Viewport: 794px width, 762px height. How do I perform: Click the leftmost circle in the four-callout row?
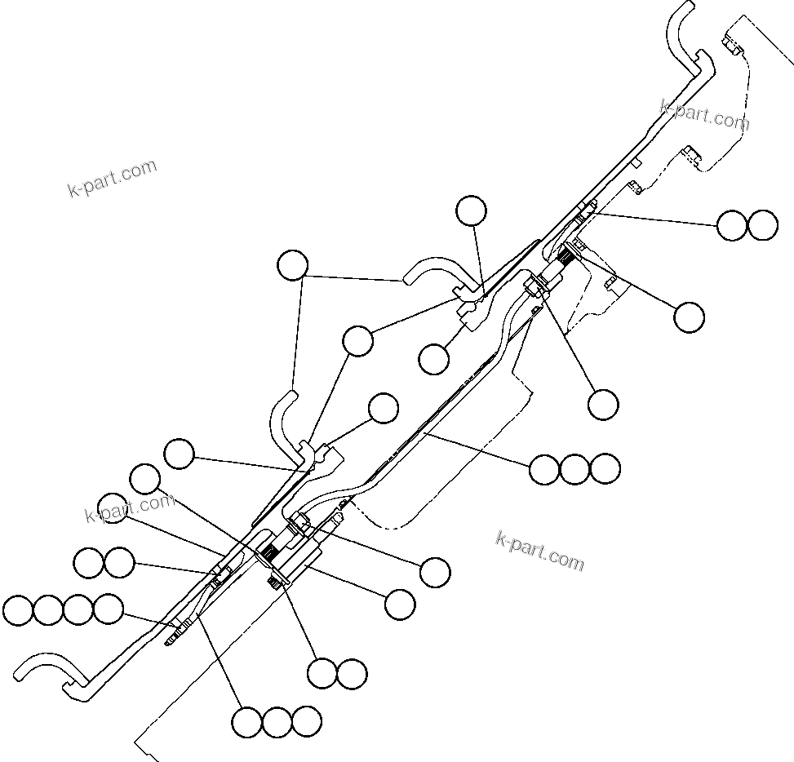coord(18,609)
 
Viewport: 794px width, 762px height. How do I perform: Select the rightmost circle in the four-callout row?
coord(108,609)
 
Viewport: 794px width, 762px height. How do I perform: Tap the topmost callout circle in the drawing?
coord(471,210)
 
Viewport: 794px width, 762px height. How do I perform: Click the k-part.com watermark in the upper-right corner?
coord(704,115)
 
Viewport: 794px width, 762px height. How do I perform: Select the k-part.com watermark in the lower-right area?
coord(540,551)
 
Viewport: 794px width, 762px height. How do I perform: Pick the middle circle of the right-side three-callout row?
coord(574,469)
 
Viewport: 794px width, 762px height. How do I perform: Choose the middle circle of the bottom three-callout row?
coord(277,721)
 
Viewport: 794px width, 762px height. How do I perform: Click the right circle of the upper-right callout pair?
coord(762,225)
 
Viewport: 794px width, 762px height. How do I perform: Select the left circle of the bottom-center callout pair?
coord(322,673)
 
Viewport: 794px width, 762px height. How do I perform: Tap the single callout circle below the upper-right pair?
coord(689,317)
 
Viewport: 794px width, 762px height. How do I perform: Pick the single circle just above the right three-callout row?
coord(603,403)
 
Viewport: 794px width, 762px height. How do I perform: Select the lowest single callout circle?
coord(400,605)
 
